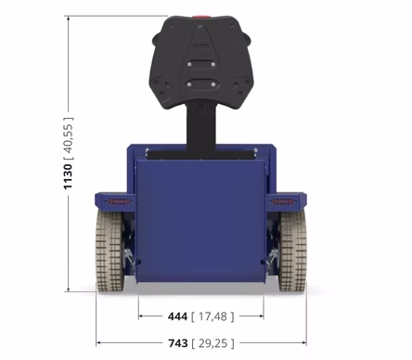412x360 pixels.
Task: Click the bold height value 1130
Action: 68,176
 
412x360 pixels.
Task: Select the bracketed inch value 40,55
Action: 68,138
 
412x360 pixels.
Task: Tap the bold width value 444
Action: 177,316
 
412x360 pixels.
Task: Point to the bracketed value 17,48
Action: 212,316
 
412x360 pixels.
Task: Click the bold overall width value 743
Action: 178,343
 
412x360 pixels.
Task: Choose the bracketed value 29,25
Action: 212,343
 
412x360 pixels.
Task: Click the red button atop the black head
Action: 200,17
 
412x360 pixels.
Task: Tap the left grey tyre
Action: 110,251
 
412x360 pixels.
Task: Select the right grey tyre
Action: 292,251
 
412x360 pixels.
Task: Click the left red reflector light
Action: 119,202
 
